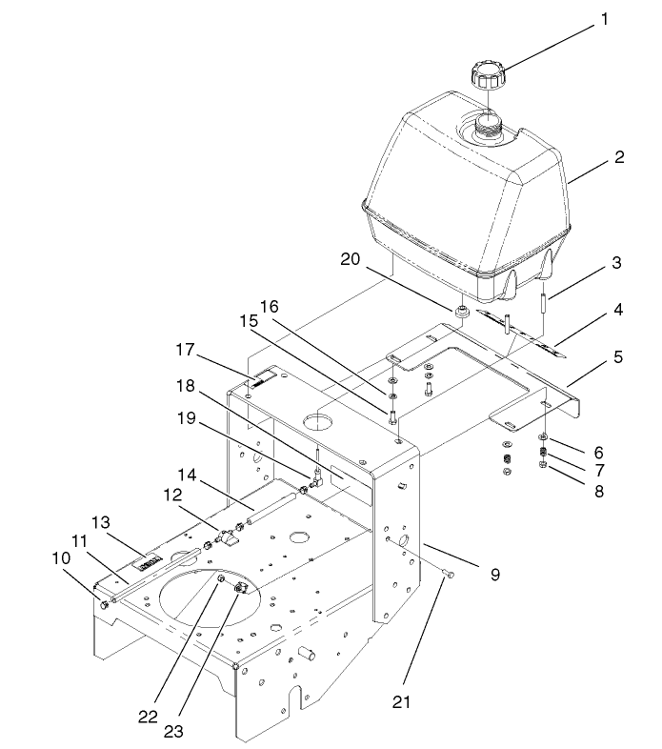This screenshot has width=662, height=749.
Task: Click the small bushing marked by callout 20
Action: click(461, 313)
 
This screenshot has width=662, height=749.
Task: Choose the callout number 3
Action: click(617, 260)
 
